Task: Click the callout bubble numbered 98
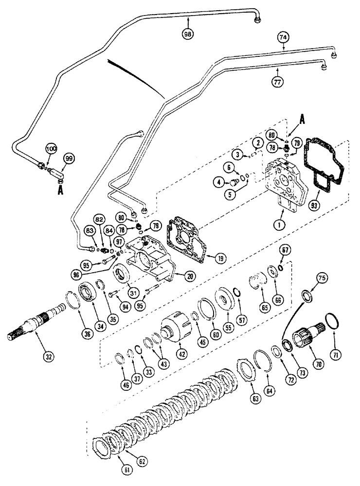(x=188, y=35)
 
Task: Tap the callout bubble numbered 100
(x=51, y=148)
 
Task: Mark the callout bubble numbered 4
(x=220, y=183)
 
